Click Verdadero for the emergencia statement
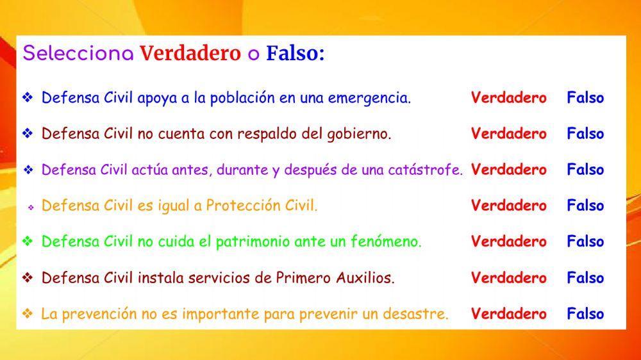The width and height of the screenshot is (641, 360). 508,98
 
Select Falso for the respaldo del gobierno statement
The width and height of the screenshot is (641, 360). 585,134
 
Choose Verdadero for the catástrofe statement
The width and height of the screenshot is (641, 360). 508,170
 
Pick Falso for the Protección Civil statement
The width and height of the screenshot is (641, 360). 585,206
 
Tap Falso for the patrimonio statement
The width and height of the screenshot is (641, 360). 585,241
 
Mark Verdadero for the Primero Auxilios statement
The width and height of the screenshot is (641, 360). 508,278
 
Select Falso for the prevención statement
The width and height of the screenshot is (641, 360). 585,314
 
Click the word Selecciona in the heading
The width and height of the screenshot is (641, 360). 78,54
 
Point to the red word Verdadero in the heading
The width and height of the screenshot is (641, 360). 190,54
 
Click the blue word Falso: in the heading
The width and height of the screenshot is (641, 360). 296,54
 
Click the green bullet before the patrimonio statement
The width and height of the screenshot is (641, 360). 28,241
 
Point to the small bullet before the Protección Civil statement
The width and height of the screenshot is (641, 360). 30,208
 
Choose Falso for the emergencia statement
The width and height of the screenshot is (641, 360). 585,98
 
